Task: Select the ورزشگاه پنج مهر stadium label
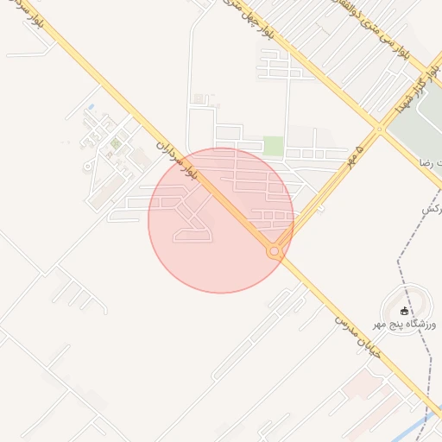point(405,325)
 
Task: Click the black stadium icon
point(405,311)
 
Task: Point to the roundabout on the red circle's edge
point(275,251)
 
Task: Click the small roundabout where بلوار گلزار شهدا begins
point(379,129)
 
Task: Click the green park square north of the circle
point(274,146)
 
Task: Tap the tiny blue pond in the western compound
point(92,108)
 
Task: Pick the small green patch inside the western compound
point(115,144)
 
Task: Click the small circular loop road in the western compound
point(88,165)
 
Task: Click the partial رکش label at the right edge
point(432,210)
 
